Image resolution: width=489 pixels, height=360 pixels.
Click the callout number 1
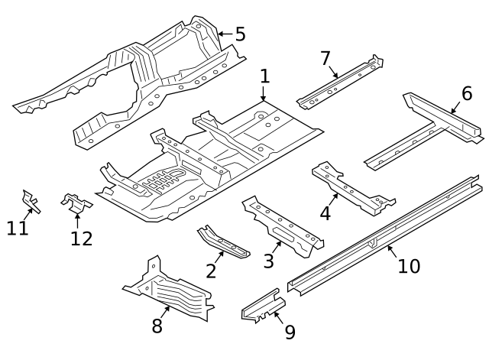click(x=264, y=76)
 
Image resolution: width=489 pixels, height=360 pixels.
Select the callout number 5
click(x=240, y=34)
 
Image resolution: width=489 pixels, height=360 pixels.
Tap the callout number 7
click(x=325, y=57)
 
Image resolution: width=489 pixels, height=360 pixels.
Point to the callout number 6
click(x=467, y=93)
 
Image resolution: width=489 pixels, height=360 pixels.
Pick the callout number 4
click(x=325, y=212)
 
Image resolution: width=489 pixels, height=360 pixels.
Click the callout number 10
click(x=409, y=265)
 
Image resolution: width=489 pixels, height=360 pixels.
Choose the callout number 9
click(x=290, y=332)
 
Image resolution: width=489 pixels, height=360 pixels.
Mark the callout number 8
click(x=157, y=326)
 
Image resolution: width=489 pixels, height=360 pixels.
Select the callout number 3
click(x=269, y=261)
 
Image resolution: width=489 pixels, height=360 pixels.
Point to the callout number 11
click(x=18, y=227)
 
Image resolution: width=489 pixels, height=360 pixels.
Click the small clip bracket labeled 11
click(x=31, y=201)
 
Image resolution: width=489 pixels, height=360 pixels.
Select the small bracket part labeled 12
click(x=76, y=203)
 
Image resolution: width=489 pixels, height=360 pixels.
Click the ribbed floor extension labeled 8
click(x=172, y=294)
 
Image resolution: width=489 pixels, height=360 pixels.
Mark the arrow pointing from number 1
click(x=264, y=95)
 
